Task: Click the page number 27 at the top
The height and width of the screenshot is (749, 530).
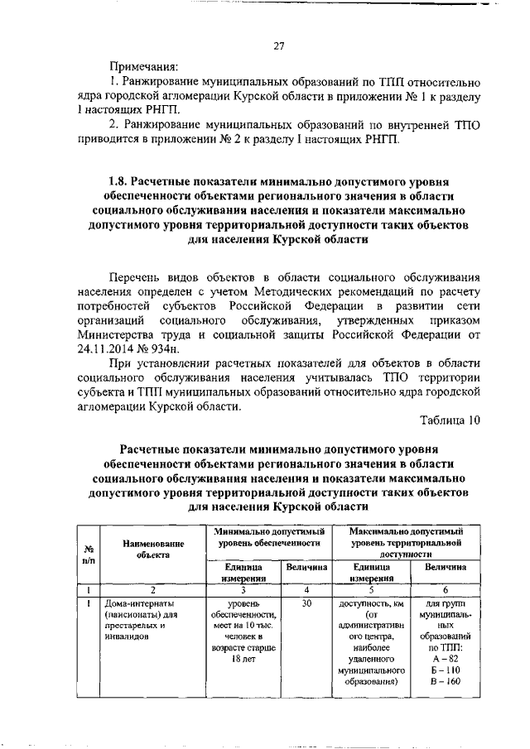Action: click(x=279, y=46)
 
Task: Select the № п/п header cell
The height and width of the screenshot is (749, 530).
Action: click(x=88, y=555)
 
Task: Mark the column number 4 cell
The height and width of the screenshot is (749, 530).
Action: click(x=306, y=590)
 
